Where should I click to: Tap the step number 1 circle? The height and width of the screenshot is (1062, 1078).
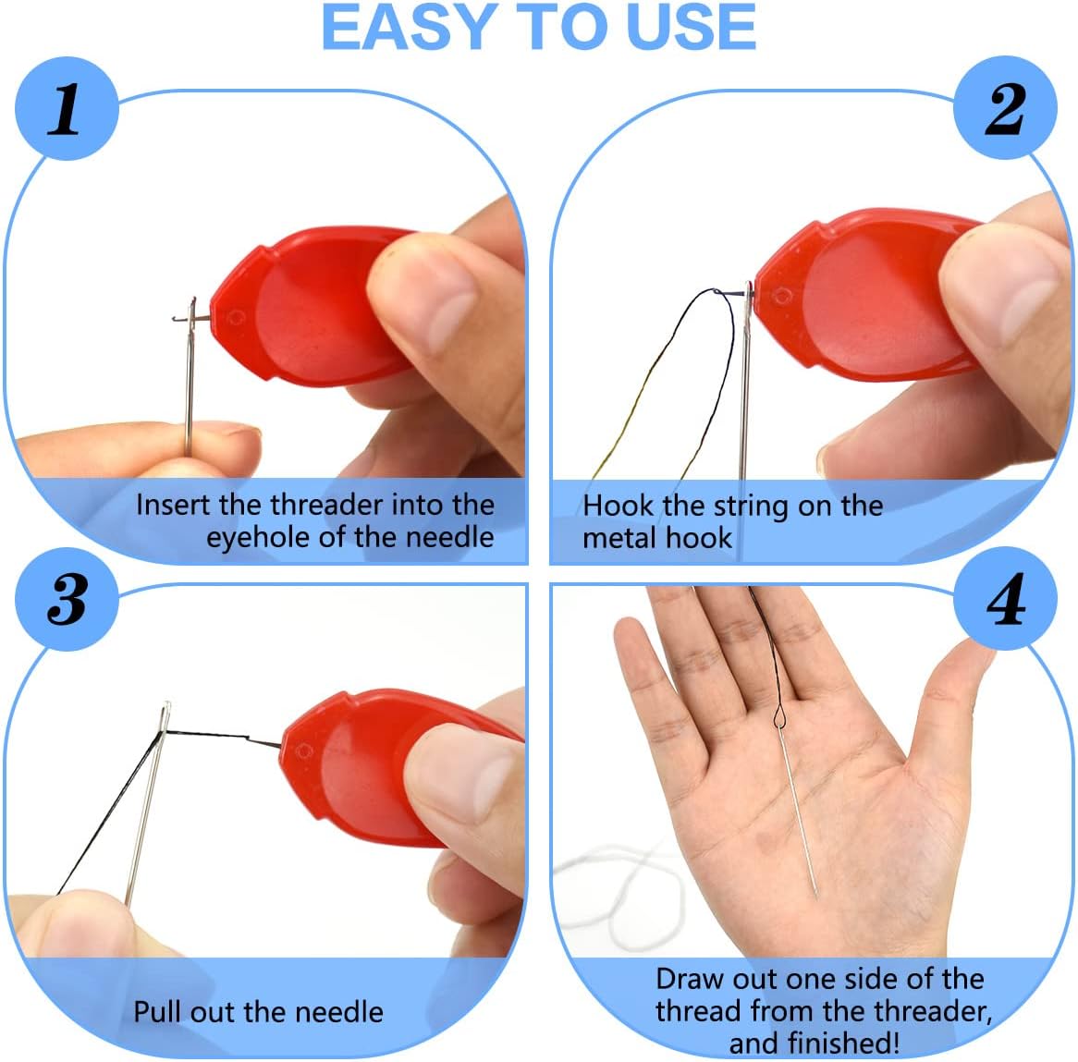65,110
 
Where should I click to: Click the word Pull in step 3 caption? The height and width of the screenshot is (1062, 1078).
161,1011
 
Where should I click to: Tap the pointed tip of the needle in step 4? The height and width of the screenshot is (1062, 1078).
816,894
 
